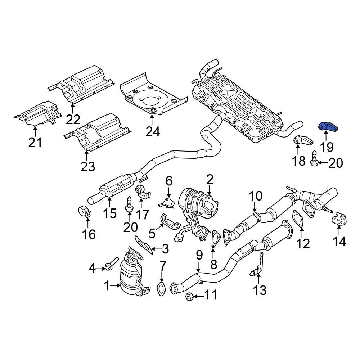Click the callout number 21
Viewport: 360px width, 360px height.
[x=35, y=142]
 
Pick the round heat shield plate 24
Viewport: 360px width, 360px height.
[x=151, y=95]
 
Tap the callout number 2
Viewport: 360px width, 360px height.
[x=210, y=179]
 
